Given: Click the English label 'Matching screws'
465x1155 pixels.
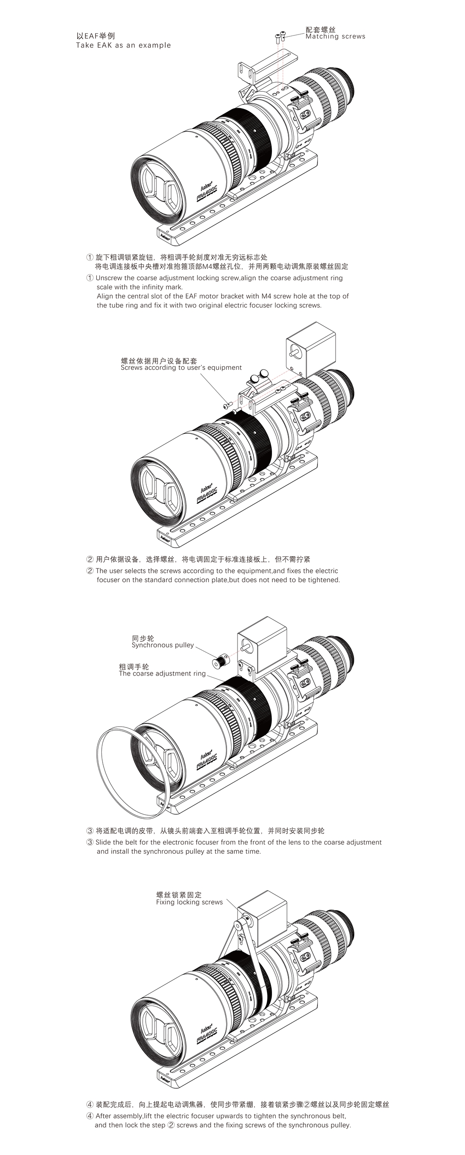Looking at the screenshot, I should [x=335, y=36].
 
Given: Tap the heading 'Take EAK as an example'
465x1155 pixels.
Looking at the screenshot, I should [x=124, y=45].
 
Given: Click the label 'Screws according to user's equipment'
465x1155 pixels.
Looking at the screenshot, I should [x=181, y=368].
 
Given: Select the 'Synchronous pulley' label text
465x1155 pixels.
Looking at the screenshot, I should [x=163, y=645].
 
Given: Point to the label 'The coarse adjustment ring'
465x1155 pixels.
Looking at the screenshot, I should [x=162, y=673].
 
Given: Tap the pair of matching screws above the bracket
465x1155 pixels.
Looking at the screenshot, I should [x=280, y=35].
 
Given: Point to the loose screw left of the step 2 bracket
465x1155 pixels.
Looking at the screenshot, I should [x=228, y=404].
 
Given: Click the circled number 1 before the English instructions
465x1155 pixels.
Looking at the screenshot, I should [x=90, y=278].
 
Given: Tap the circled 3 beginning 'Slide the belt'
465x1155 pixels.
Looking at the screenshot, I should [x=90, y=842].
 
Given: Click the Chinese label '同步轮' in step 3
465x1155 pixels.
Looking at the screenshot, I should [x=143, y=638].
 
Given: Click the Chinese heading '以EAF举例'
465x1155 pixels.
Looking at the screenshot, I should [x=95, y=36].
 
